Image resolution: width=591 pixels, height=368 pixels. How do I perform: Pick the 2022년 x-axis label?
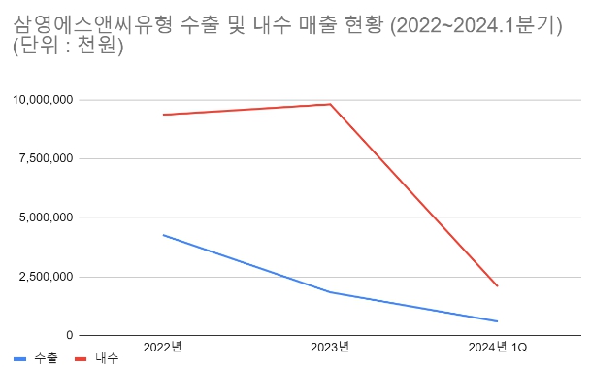coord(162,348)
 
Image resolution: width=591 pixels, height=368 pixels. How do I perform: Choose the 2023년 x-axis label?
coord(330,348)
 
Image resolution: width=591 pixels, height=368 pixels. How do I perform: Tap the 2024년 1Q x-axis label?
coord(498,348)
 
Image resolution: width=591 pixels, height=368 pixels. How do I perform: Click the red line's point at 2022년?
coord(163,115)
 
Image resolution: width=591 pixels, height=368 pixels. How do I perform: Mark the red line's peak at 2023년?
coord(331,104)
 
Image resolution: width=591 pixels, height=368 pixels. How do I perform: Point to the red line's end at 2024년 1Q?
coord(498,286)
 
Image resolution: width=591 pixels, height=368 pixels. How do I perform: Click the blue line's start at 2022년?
coord(163,235)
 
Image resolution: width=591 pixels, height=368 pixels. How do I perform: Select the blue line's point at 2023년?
coord(331,292)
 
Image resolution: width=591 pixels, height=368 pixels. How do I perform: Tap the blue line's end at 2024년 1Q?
coord(498,321)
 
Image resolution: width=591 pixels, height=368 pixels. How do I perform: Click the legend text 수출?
coord(46,358)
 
